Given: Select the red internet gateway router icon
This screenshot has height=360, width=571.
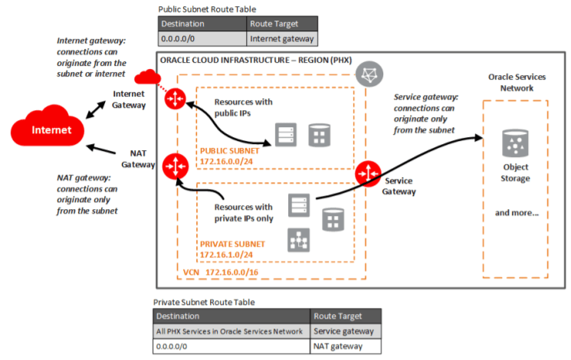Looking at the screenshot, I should click(x=176, y=98).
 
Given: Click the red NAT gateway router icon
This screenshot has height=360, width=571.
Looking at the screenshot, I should click(x=176, y=165).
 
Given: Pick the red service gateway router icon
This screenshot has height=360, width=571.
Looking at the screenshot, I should click(x=368, y=172).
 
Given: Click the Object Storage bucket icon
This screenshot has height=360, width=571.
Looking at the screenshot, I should click(x=514, y=144).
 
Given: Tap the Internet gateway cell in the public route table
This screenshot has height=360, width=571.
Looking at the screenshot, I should click(x=281, y=37).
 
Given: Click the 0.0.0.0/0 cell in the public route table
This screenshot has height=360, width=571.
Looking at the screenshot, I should click(x=202, y=37).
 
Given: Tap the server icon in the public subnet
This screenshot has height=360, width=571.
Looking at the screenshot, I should click(x=284, y=136).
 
